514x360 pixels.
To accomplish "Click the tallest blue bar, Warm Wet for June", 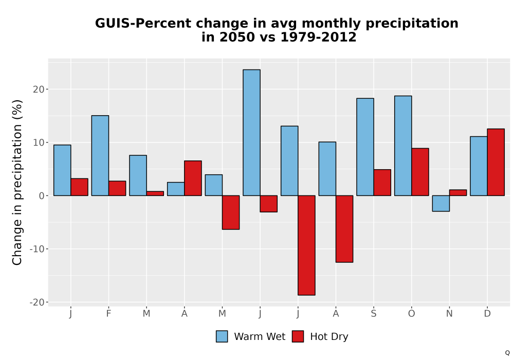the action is click(251, 133).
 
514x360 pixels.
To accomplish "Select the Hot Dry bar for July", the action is click(306, 245).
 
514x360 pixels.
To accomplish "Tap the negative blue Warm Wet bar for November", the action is click(441, 203).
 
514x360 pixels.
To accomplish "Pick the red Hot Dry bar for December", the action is click(495, 163).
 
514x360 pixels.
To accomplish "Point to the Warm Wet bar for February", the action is click(100, 155).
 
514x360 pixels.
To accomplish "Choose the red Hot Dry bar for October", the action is click(420, 172).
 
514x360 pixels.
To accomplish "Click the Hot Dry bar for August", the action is click(344, 229).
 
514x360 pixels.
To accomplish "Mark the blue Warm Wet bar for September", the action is click(365, 147).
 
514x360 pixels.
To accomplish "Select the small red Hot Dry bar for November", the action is click(458, 193).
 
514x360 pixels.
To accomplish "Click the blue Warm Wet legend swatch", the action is click(222, 336).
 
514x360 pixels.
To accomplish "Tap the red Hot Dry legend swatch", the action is click(298, 336).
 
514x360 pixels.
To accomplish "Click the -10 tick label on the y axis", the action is click(37, 249).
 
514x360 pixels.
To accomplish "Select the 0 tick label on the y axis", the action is click(42, 196).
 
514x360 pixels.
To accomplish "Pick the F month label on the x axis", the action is click(108, 314).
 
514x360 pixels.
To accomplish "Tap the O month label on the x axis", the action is click(411, 314).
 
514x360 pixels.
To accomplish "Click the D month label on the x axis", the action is click(487, 314).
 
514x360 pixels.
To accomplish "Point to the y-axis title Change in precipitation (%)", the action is click(17, 182).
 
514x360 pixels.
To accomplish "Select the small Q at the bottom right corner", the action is click(507, 353).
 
